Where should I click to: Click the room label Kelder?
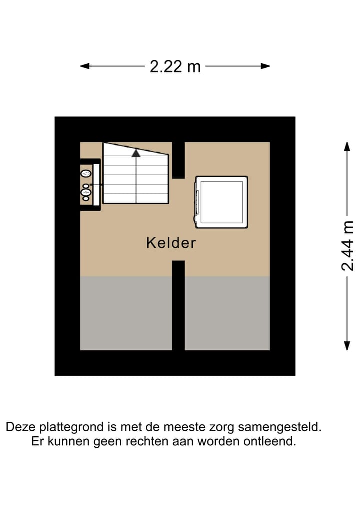(x=171, y=243)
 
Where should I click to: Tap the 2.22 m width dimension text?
(x=175, y=66)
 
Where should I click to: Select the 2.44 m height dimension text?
(x=347, y=246)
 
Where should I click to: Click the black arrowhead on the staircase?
(x=136, y=153)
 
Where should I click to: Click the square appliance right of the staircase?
(x=221, y=202)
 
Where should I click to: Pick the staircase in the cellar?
(x=135, y=175)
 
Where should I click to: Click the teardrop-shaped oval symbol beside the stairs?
(x=86, y=173)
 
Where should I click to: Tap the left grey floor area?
(x=126, y=313)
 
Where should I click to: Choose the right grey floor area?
(x=227, y=313)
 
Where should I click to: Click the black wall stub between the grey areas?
(x=178, y=305)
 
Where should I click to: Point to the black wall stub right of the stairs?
(x=178, y=160)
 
